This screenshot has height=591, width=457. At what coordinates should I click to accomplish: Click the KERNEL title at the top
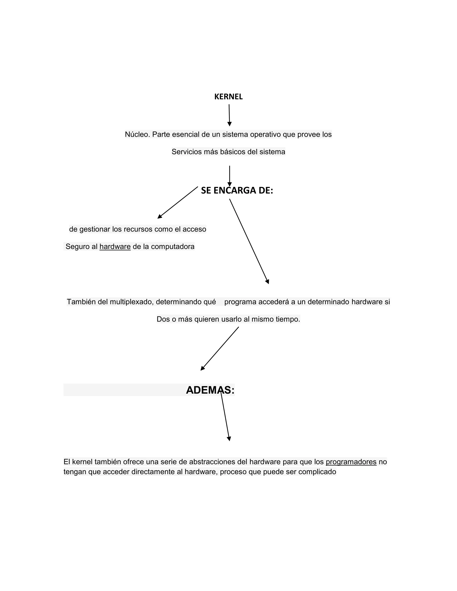coord(228,97)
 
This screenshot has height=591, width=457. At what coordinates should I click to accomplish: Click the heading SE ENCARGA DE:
coord(237,190)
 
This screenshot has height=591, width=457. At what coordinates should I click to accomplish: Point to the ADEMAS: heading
coord(210,390)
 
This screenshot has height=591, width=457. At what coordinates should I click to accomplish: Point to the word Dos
coord(163,319)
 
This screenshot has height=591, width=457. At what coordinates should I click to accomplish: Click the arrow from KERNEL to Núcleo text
coord(229,115)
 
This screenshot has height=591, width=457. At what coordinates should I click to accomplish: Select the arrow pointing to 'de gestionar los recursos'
coord(178,203)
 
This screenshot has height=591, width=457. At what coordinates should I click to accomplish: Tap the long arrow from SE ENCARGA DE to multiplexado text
coord(249,241)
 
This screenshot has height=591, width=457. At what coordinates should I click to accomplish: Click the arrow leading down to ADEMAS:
coord(220,349)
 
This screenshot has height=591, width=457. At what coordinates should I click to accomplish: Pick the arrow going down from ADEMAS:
coord(225,417)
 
